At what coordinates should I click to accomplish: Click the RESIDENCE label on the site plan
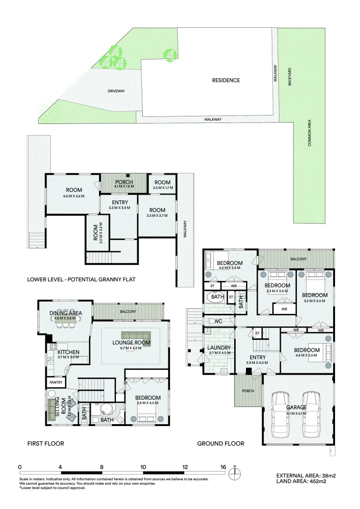[x=226, y=80]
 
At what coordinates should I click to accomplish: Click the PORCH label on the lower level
[x=124, y=182]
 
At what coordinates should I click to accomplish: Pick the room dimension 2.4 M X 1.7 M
[x=162, y=188]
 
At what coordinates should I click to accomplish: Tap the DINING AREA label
[x=66, y=313]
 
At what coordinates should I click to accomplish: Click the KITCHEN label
[x=68, y=352]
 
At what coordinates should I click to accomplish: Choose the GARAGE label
[x=296, y=407]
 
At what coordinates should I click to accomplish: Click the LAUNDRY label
[x=219, y=348]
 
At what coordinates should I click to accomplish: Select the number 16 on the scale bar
[x=222, y=467]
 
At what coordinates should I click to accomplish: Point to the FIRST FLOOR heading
[x=46, y=443]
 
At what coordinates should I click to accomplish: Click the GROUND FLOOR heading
[x=221, y=443]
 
